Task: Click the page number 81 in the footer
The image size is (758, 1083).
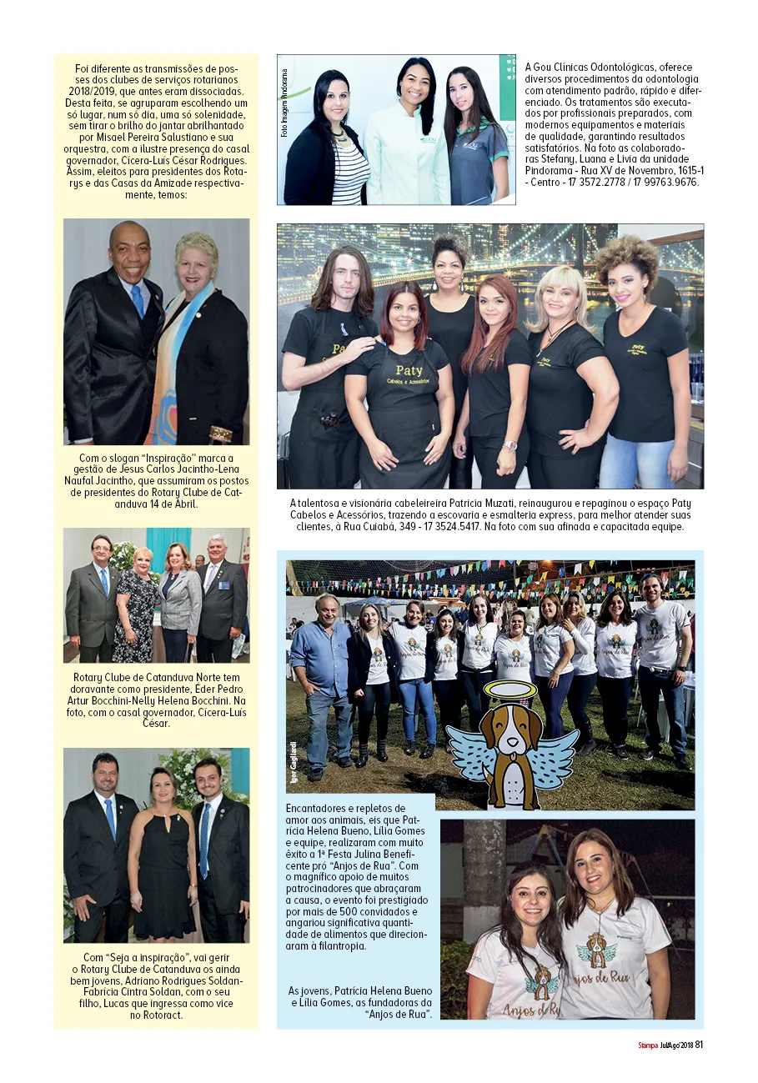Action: tap(700, 1045)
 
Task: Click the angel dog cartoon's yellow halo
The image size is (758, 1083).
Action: tap(510, 690)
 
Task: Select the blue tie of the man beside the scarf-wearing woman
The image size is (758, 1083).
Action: tap(137, 299)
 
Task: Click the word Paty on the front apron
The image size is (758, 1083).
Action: tap(409, 369)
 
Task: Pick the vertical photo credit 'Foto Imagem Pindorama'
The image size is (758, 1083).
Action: tap(284, 104)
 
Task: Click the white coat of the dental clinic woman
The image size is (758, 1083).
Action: tap(408, 158)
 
